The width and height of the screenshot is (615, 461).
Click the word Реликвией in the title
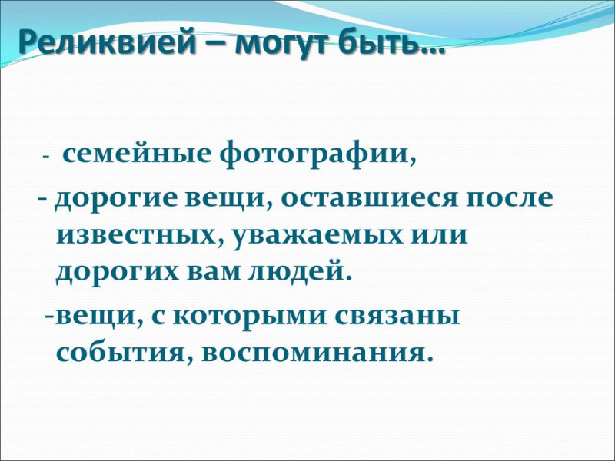pyautogui.click(x=108, y=42)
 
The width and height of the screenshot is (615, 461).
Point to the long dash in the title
pyautogui.click(x=216, y=44)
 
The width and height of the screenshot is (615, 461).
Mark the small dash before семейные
pyautogui.click(x=45, y=157)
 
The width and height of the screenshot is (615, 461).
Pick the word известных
pyautogui.click(x=138, y=236)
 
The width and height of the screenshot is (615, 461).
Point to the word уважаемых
pyautogui.click(x=318, y=237)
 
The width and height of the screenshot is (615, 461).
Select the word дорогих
pyautogui.click(x=117, y=273)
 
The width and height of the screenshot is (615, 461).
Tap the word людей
pyautogui.click(x=294, y=271)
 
